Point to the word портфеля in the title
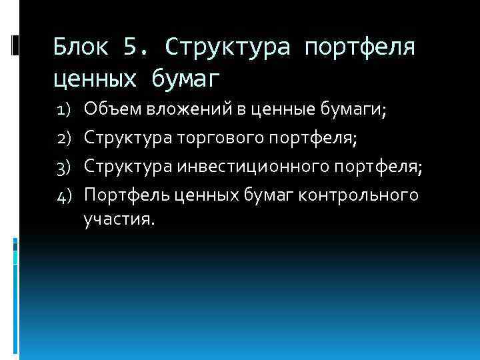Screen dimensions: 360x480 point(359,49)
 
